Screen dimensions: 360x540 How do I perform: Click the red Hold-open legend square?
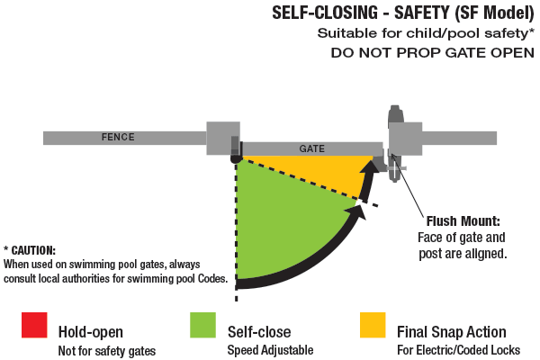coord(34,326)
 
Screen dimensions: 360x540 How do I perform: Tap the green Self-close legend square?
coord(203,326)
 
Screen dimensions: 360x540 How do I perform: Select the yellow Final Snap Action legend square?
coord(373,326)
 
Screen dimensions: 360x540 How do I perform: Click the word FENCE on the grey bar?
coord(117,138)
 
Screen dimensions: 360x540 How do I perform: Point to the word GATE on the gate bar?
coord(312,148)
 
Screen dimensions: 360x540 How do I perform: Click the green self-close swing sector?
coord(279,225)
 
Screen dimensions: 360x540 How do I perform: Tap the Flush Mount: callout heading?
coord(463,220)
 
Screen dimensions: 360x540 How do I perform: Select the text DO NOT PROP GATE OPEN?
coord(432,52)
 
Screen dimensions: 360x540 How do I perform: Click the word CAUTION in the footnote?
coord(34,250)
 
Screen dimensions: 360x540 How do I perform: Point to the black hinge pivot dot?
coord(236,158)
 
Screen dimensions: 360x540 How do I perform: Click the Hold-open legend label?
coord(92,331)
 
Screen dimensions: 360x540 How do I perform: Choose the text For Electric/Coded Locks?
coord(458,349)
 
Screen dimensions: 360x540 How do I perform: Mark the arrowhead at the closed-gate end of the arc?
coord(369,168)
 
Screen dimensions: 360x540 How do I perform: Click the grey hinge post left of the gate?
coord(223,138)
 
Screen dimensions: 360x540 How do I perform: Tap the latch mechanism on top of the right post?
coord(394,115)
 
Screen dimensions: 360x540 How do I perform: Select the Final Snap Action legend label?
coord(452,331)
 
